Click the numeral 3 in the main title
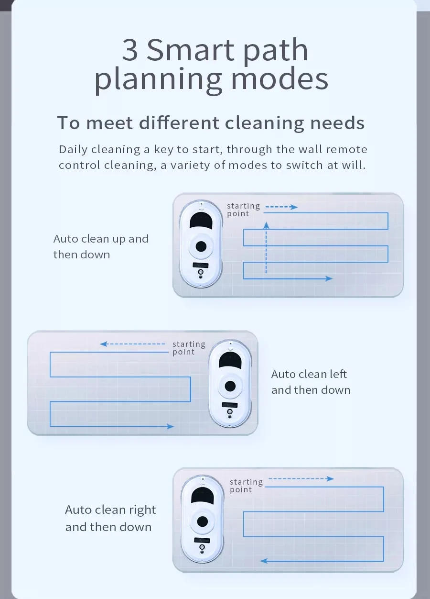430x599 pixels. pos(130,50)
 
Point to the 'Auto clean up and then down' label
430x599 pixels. pos(101,246)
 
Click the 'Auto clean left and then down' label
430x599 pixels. pos(311,382)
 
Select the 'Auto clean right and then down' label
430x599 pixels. pos(110,518)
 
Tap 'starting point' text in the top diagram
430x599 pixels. pos(243,210)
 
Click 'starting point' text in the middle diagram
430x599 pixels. pos(189,348)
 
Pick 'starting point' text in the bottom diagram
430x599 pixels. pos(246,486)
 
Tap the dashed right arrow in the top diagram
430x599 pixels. pos(281,207)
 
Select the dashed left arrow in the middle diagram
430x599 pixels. pos(132,344)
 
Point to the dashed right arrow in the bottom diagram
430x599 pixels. pos(301,478)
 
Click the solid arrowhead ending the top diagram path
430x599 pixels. pos(329,278)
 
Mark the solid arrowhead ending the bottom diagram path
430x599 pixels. pos(264,560)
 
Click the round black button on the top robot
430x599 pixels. pos(201,246)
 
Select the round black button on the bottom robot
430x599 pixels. pos(202,521)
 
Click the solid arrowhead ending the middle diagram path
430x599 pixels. pos(170,426)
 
